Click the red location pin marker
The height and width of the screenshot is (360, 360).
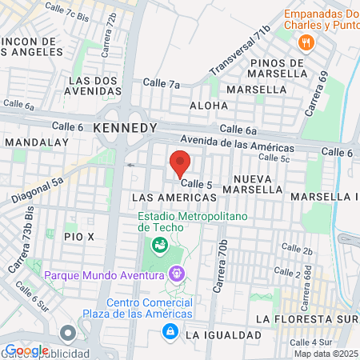click(x=180, y=162)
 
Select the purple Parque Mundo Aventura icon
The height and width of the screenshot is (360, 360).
click(x=177, y=274)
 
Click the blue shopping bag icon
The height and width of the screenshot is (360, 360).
click(x=170, y=332)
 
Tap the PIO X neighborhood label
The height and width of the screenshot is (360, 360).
click(x=80, y=237)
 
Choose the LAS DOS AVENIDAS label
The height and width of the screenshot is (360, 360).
click(x=95, y=86)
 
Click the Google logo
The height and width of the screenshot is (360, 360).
click(x=26, y=350)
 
